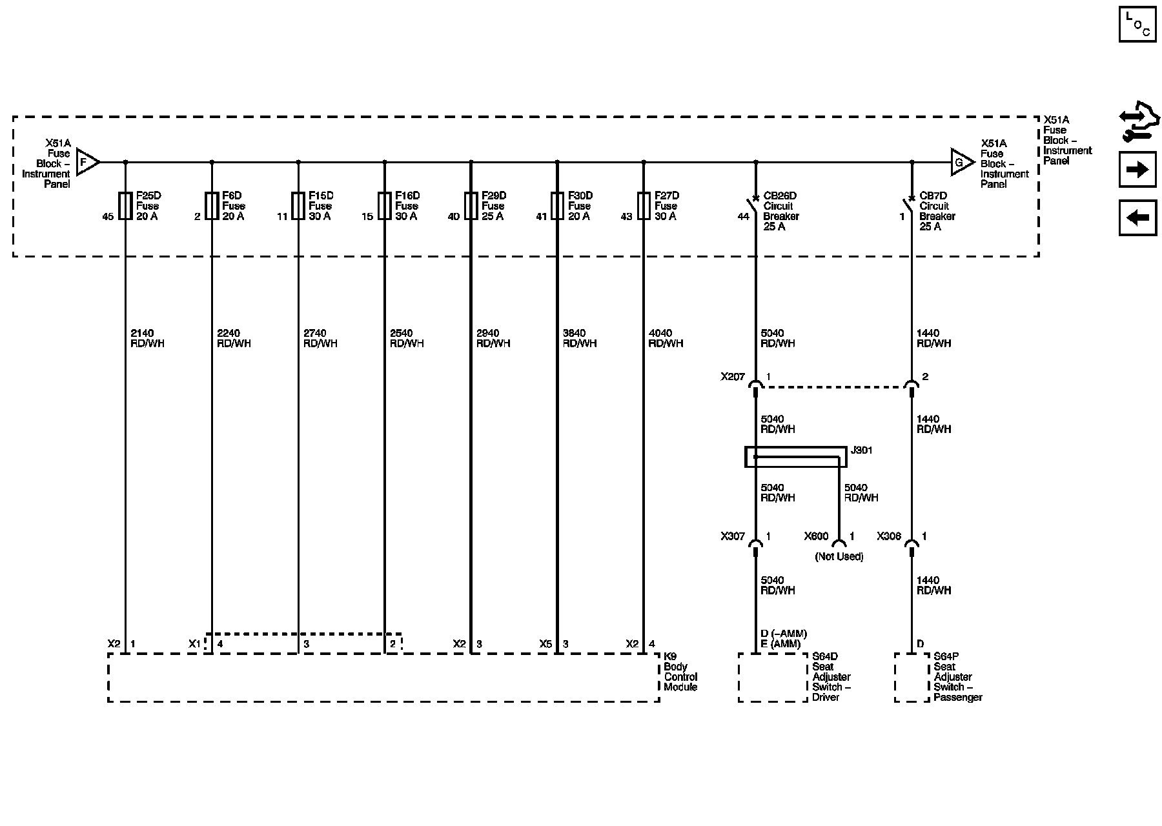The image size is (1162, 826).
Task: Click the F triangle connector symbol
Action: [87, 163]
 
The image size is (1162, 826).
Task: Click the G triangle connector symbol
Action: [961, 163]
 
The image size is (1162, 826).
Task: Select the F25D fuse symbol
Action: [125, 206]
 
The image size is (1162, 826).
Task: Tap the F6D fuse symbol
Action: [212, 206]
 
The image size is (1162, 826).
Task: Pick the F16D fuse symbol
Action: [385, 206]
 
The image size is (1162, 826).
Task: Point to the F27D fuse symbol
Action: [644, 206]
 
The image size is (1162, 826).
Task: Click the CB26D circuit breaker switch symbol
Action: [753, 206]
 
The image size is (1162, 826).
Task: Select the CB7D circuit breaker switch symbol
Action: [910, 206]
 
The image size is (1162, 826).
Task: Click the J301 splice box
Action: [795, 457]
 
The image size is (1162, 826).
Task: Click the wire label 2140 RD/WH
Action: [147, 338]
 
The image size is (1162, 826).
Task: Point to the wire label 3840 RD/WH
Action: [579, 338]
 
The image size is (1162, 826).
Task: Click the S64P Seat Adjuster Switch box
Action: [912, 678]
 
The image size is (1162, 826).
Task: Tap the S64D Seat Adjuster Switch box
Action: [773, 678]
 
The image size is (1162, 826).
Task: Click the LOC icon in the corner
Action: [1137, 24]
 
